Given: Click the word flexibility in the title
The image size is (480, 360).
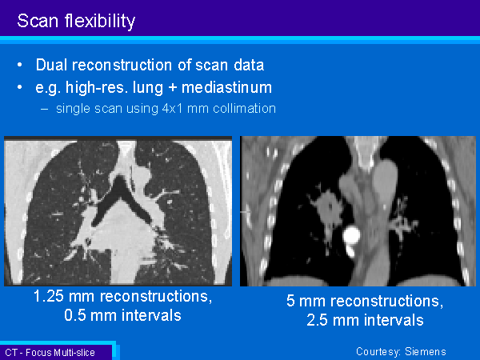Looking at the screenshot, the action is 100,21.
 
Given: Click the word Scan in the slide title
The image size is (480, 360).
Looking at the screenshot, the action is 38,21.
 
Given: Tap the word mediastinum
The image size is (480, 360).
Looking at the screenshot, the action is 227,87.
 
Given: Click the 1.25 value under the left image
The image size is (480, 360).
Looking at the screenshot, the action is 49,296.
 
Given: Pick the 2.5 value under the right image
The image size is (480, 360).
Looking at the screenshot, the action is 318,320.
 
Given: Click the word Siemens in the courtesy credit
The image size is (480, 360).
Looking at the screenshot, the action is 426,351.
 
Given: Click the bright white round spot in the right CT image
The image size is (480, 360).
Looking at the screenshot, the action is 351,235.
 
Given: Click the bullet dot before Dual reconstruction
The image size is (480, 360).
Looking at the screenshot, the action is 20,65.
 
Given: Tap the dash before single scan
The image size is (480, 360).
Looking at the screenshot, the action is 44,110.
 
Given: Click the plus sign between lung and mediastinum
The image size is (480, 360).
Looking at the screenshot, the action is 172,88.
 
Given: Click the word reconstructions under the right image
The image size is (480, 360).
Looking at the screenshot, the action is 386,301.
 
